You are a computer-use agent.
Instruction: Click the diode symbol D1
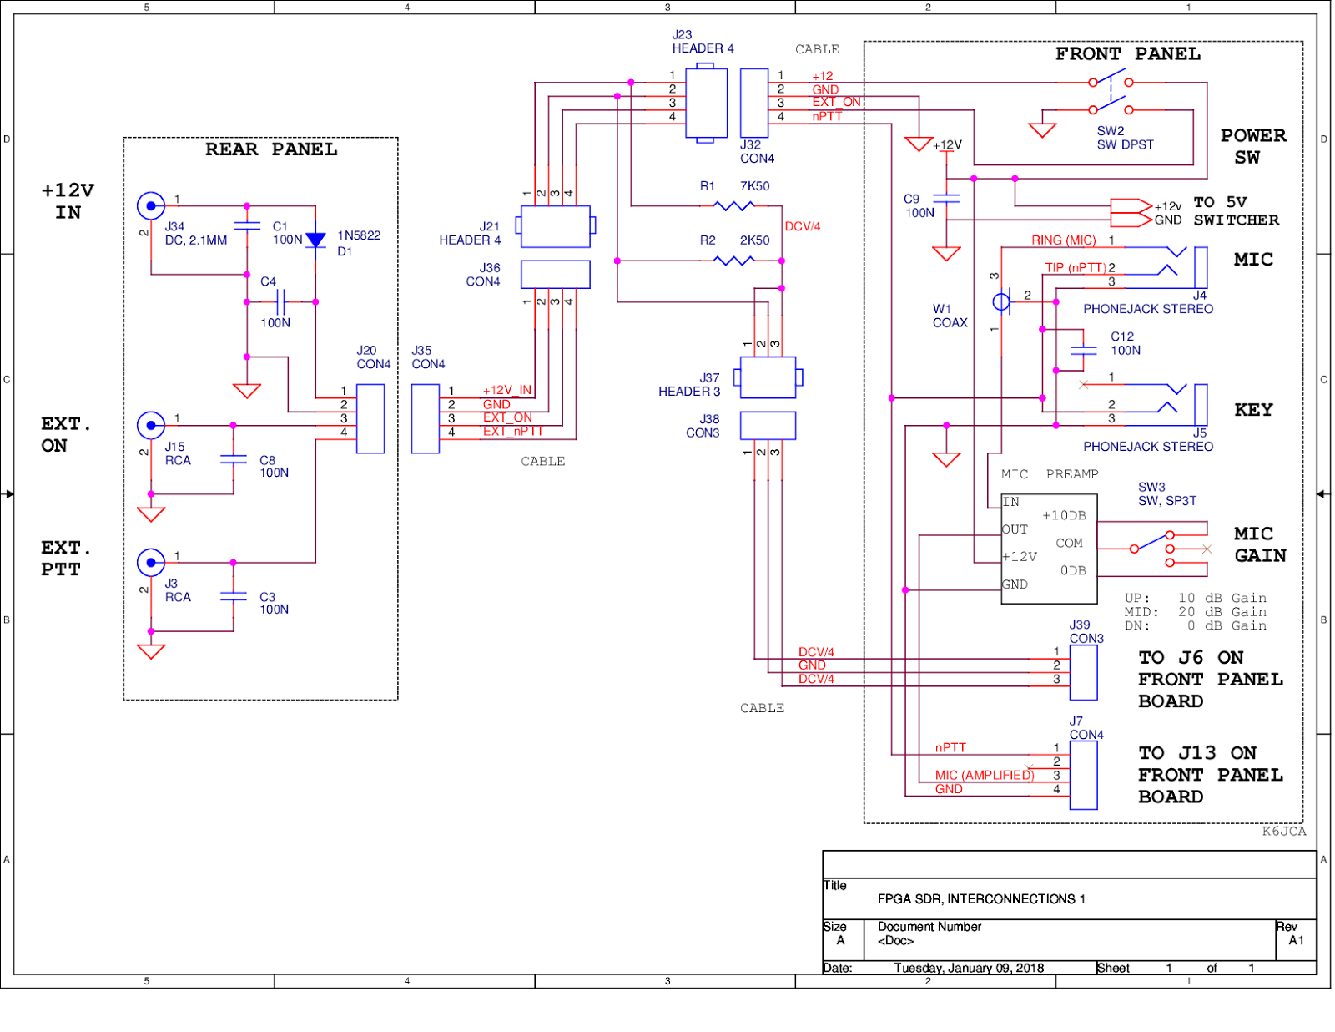(x=315, y=240)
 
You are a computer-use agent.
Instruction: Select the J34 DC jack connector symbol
(x=151, y=205)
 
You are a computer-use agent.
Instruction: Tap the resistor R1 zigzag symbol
(x=734, y=205)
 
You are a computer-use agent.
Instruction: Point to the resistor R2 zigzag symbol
(x=734, y=261)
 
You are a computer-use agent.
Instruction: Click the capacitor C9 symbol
(x=946, y=199)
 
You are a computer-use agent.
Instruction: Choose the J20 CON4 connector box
(x=370, y=418)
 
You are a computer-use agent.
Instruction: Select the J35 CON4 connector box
(x=426, y=418)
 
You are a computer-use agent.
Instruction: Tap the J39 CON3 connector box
(x=1083, y=672)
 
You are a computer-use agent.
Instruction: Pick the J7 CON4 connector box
(x=1083, y=775)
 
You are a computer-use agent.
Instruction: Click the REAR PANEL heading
(x=271, y=149)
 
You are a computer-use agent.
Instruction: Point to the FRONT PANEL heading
(x=1127, y=54)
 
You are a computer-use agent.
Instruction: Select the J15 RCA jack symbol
(x=151, y=426)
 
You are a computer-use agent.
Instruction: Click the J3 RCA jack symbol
(x=151, y=563)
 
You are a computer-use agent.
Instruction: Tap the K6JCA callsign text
(x=1283, y=831)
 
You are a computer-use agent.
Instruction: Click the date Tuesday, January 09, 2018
(x=969, y=968)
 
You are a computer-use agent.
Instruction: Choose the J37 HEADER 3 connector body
(x=768, y=377)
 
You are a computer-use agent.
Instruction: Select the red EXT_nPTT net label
(x=513, y=432)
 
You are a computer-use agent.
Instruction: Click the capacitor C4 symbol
(x=281, y=302)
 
